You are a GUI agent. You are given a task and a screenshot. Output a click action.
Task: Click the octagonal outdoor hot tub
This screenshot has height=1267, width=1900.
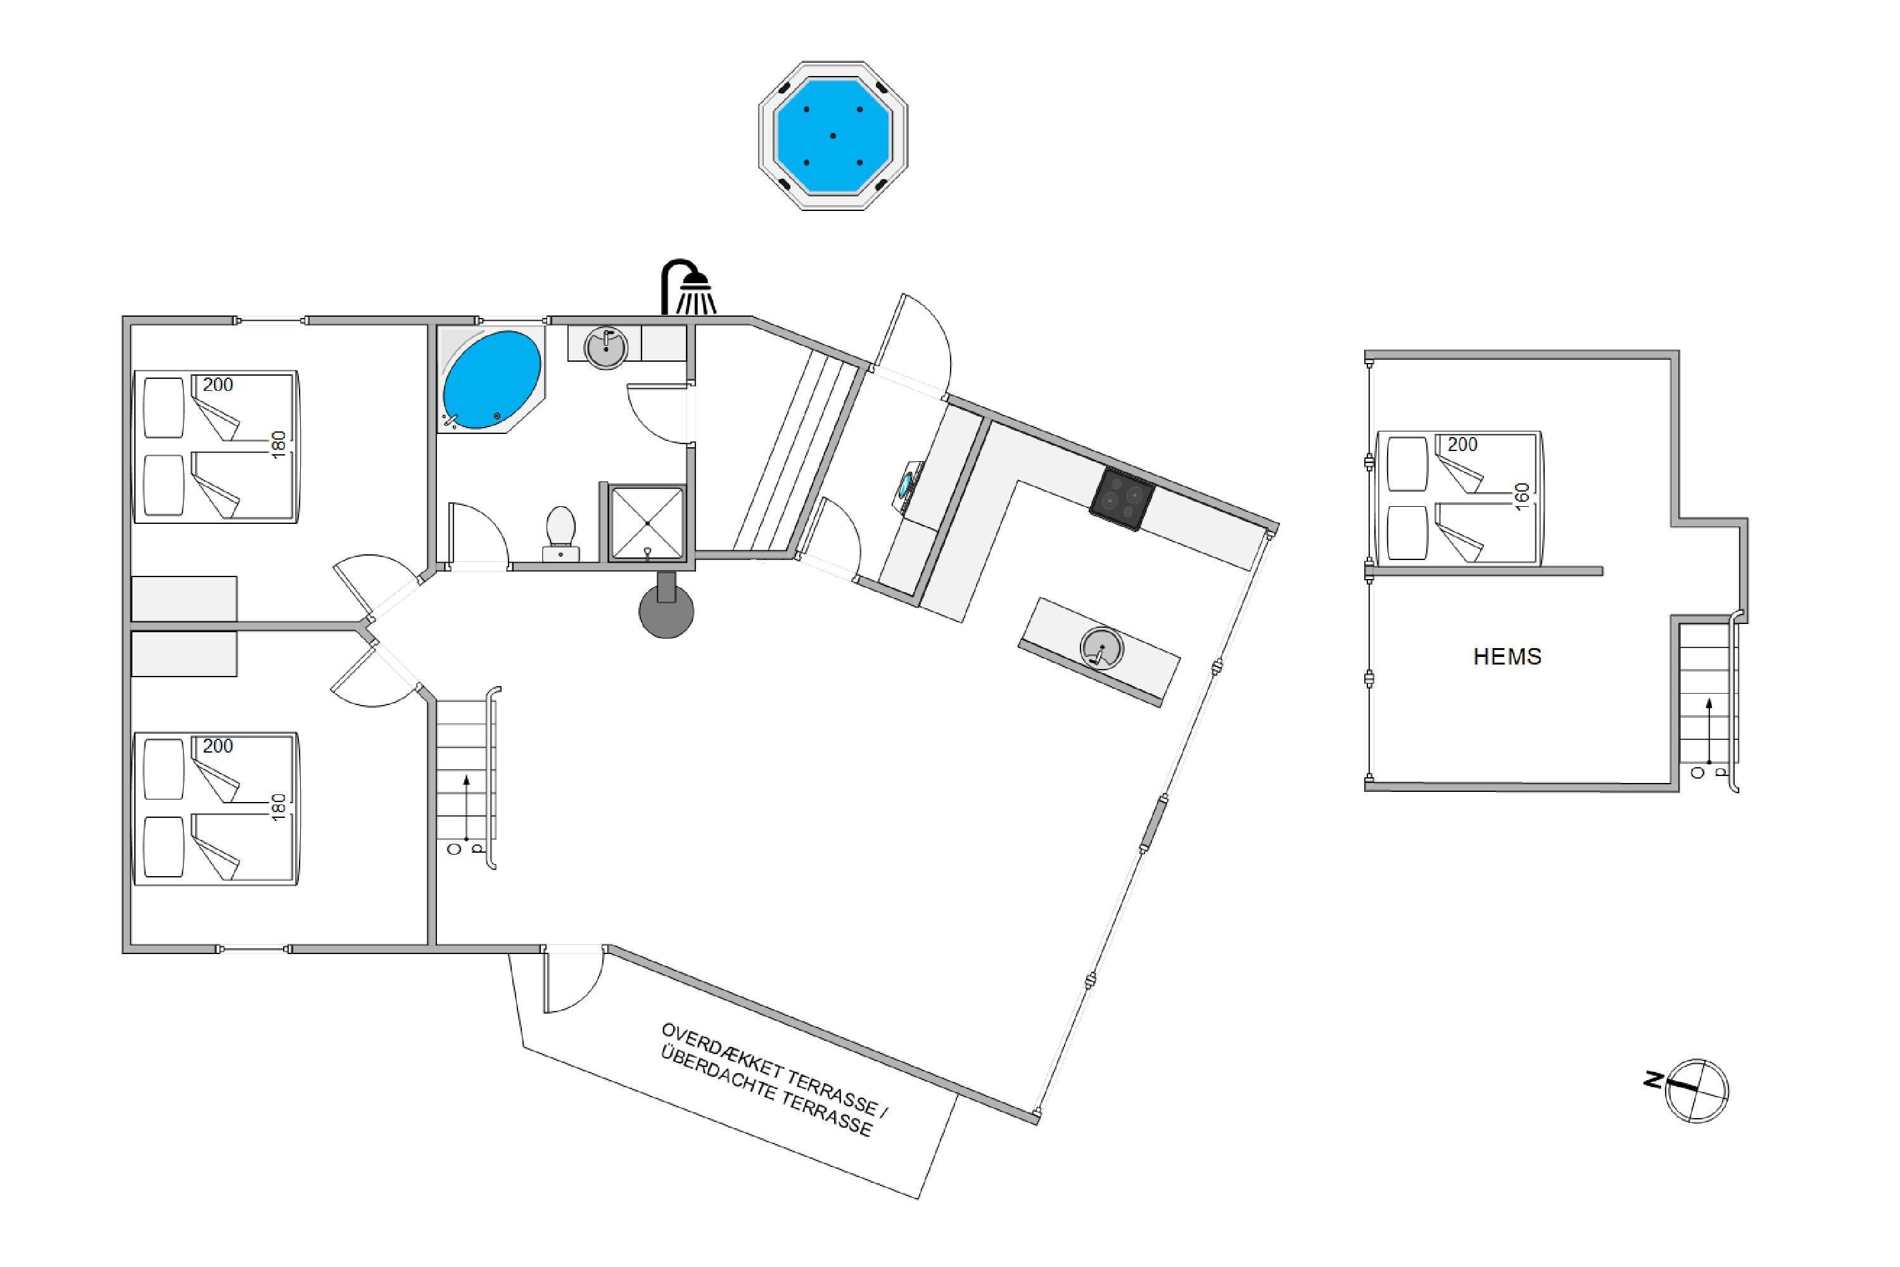click(x=833, y=136)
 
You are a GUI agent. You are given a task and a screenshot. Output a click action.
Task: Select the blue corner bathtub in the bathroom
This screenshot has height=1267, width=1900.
click(x=492, y=379)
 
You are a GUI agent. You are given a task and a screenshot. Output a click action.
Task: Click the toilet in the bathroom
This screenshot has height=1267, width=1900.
click(x=560, y=533)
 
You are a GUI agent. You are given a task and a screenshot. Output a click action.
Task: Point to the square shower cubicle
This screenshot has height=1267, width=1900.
click(x=647, y=523)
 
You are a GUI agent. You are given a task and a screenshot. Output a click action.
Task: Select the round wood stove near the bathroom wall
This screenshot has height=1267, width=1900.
click(x=666, y=609)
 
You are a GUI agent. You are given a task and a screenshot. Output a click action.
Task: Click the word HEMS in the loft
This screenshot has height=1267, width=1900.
click(x=1507, y=657)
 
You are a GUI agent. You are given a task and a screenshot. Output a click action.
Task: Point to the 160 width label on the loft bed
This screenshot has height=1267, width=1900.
click(x=1522, y=495)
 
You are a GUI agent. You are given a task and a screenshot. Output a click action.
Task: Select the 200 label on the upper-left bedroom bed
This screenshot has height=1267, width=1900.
click(x=218, y=385)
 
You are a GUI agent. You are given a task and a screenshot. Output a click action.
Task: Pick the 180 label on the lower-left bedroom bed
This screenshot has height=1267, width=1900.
click(x=278, y=807)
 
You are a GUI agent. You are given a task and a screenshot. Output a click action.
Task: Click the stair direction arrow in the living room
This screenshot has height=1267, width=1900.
click(x=467, y=808)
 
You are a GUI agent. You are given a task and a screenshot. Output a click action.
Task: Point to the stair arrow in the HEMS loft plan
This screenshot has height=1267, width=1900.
click(x=1709, y=730)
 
